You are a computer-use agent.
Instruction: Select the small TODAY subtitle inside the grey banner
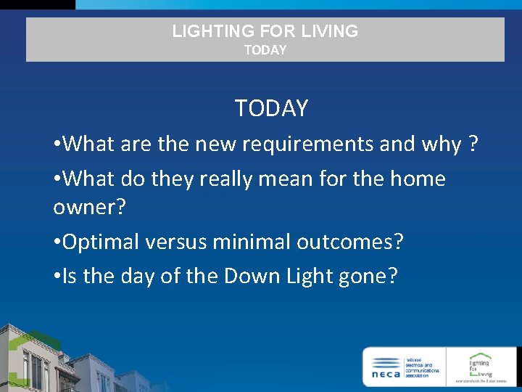click(x=265, y=50)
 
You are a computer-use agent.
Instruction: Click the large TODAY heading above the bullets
click(x=271, y=109)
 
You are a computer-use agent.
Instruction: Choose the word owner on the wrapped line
click(x=85, y=208)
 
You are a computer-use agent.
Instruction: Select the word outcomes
click(x=344, y=242)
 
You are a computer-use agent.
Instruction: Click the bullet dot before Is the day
click(x=57, y=277)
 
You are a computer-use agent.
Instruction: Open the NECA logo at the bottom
click(x=404, y=367)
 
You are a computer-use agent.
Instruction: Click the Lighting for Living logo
click(x=481, y=367)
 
